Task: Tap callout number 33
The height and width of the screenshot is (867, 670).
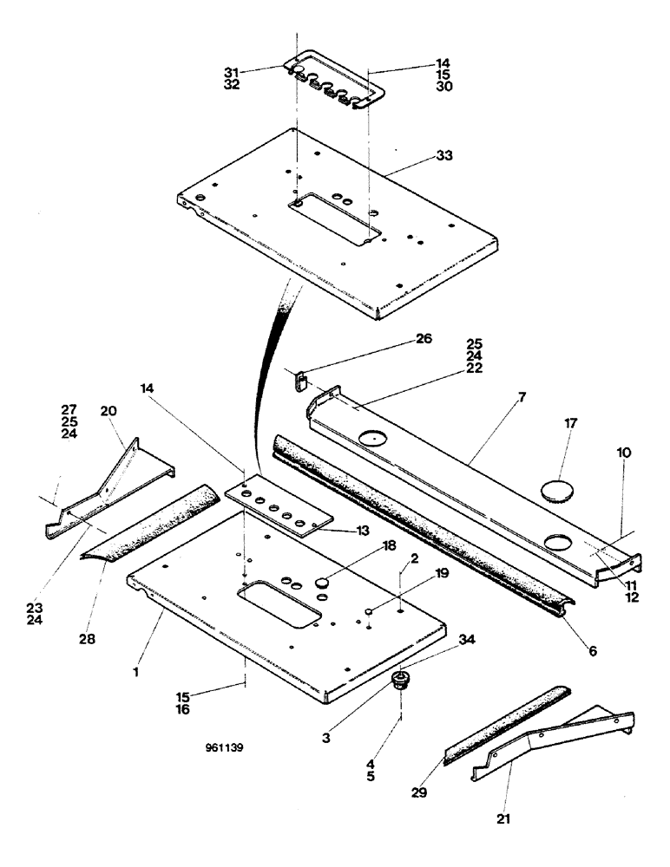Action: pyautogui.click(x=445, y=156)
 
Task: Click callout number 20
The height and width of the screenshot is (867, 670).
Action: pyautogui.click(x=108, y=411)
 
